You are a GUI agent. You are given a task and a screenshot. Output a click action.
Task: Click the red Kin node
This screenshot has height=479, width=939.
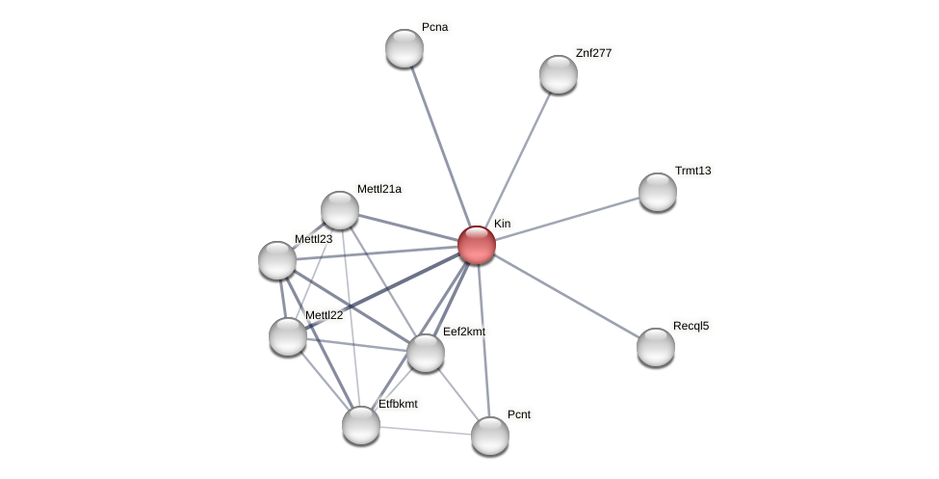click(476, 245)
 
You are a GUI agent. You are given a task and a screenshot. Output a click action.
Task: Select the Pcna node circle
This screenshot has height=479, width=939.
click(404, 48)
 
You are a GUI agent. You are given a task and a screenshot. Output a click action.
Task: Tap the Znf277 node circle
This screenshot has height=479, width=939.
click(559, 74)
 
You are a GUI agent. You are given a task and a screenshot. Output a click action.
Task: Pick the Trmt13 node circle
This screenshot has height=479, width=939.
click(658, 192)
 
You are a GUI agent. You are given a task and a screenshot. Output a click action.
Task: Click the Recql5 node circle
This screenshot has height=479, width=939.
click(656, 347)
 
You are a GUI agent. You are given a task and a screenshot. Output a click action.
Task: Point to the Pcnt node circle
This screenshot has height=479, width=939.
click(490, 436)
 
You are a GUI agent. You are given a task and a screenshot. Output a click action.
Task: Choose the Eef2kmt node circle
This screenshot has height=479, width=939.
click(426, 353)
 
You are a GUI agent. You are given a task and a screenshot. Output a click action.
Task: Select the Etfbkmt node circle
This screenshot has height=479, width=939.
click(361, 425)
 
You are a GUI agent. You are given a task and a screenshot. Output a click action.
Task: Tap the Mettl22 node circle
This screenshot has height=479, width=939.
click(288, 336)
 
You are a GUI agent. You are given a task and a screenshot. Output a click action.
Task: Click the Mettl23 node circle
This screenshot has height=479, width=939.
click(277, 260)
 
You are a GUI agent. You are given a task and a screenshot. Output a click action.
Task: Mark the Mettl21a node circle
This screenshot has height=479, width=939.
click(340, 210)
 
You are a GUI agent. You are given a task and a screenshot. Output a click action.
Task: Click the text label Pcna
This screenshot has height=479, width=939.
click(434, 27)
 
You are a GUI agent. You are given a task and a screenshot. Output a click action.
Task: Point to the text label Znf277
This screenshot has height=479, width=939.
click(593, 53)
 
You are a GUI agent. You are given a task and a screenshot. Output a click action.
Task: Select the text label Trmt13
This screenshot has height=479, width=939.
click(692, 171)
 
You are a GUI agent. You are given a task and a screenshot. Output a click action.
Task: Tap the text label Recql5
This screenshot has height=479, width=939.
click(691, 326)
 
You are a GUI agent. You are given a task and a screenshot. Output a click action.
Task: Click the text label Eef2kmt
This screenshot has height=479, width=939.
click(464, 332)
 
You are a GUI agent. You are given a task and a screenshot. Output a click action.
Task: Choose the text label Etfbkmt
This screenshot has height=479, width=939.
click(398, 404)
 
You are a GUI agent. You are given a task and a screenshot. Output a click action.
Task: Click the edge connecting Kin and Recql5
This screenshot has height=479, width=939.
click(566, 296)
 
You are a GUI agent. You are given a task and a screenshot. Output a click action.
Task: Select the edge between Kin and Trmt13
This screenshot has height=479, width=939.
click(567, 219)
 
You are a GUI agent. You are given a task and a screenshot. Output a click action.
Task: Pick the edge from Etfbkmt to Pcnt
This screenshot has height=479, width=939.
click(426, 431)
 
